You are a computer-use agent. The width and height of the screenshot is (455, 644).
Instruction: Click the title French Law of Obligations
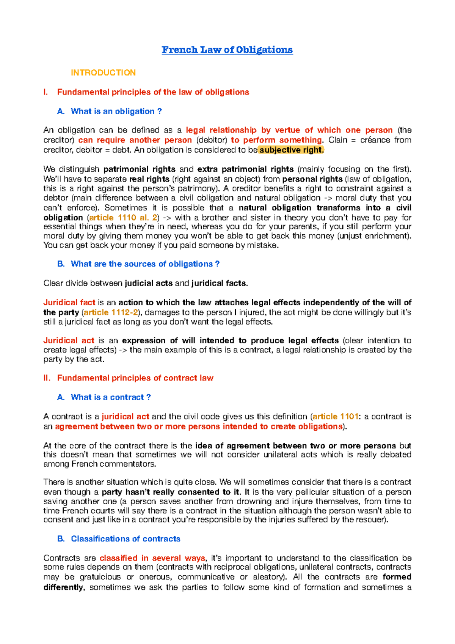tap(227, 50)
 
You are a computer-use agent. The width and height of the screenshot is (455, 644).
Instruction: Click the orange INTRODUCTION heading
tap(103, 73)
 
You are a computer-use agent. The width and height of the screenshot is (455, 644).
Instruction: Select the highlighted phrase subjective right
tap(291, 150)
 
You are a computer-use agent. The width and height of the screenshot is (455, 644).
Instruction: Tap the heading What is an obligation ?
tap(116, 111)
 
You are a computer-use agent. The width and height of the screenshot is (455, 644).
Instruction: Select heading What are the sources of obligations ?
tap(145, 264)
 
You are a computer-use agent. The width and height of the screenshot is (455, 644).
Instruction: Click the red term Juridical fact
tap(69, 303)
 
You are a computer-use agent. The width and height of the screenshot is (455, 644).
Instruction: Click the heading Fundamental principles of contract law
tap(135, 378)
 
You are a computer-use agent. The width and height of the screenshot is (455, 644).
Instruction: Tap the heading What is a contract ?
tap(111, 397)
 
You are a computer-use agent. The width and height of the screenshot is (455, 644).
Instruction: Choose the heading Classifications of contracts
tap(126, 539)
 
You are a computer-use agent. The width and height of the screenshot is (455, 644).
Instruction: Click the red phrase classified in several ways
tap(152, 558)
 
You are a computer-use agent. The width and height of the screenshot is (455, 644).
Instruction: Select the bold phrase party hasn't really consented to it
tap(171, 492)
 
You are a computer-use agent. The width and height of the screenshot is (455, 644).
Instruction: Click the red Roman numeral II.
tap(47, 378)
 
